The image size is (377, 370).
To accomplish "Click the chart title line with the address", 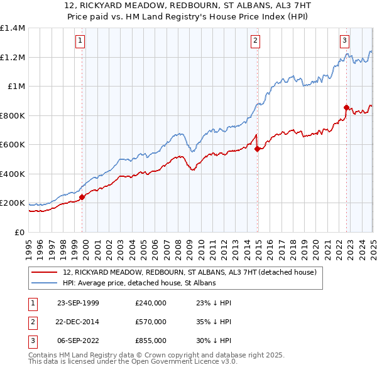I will tap(188, 6).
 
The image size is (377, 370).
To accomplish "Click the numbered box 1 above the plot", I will tap(81, 41).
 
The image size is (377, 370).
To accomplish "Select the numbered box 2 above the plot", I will tap(256, 41).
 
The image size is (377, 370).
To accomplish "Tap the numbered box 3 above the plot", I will tap(345, 41).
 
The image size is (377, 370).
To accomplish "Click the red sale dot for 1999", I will tap(82, 197).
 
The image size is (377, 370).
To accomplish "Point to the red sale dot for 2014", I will tap(257, 149).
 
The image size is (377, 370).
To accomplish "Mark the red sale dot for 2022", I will tap(346, 107).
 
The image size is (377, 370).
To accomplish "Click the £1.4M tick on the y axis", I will tap(13, 28).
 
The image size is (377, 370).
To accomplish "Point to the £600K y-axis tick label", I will tap(13, 145).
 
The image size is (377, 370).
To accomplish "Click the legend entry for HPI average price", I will tap(139, 283).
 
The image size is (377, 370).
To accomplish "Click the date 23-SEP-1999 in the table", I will tap(78, 302).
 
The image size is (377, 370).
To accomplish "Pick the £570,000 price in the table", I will tap(151, 322).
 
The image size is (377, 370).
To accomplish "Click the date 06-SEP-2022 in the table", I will tap(78, 341).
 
